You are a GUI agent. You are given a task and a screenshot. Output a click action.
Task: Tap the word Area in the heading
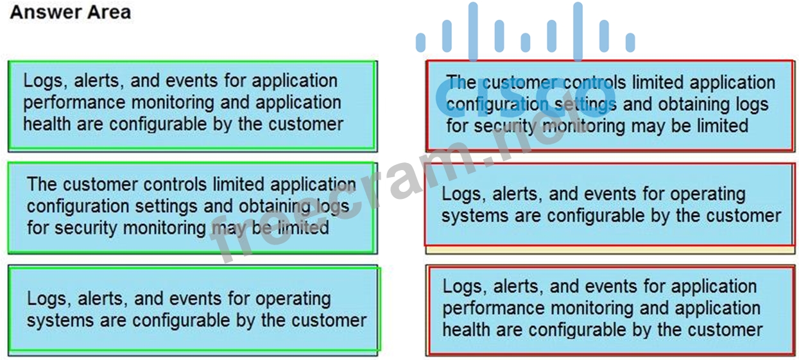(x=107, y=12)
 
